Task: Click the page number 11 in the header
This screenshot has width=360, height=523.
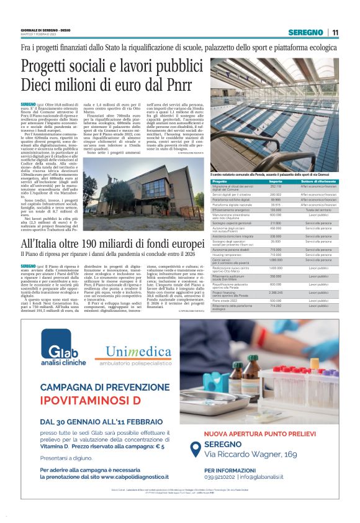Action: pos(335,33)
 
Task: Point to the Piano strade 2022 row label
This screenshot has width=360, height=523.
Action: pos(225,300)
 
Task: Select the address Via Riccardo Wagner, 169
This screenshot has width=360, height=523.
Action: pos(251,455)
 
